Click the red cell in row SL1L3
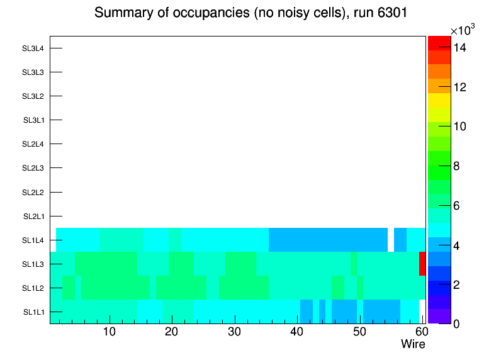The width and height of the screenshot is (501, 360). coord(422,264)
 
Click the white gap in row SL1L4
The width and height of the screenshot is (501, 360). coord(391,240)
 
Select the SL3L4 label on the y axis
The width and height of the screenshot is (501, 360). coord(33,48)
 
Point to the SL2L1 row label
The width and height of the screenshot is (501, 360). coord(33,217)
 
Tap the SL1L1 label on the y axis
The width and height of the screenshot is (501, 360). coord(33,312)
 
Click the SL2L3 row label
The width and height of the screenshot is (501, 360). coord(33,168)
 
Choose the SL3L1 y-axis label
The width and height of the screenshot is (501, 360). coord(33,120)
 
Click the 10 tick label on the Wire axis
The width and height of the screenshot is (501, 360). coord(110,332)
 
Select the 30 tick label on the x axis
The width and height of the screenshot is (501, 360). coord(235,332)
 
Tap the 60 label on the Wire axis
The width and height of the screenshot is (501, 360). coord(422,332)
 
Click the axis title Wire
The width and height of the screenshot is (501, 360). coord(413,344)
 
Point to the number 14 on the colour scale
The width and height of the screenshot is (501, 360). coord(460,48)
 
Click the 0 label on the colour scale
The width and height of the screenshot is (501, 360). coord(456,324)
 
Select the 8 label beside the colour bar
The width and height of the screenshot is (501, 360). coord(456,166)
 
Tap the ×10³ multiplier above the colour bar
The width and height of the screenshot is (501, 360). coord(463,30)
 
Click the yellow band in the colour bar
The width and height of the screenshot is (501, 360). coord(439,100)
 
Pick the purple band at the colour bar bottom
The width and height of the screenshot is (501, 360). coord(439,316)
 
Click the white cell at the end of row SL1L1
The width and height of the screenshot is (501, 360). coord(422,312)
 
